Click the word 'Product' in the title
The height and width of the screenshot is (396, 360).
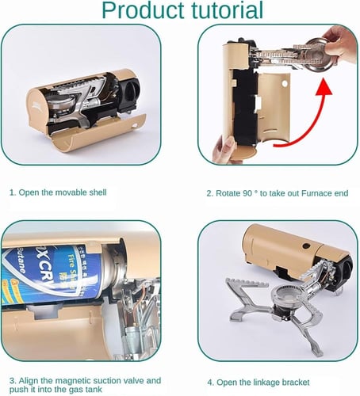(x=144, y=10)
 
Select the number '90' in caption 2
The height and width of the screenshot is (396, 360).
(x=247, y=193)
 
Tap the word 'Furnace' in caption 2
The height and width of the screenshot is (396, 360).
(x=316, y=193)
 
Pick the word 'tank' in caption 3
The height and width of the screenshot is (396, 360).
(x=94, y=390)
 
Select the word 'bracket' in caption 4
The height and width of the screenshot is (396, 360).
(x=296, y=383)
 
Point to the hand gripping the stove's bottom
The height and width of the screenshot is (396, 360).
(x=225, y=148)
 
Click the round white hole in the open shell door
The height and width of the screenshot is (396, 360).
(x=285, y=84)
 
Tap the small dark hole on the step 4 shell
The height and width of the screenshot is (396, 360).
(x=306, y=246)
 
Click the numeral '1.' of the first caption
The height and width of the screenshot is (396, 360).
(x=13, y=192)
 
